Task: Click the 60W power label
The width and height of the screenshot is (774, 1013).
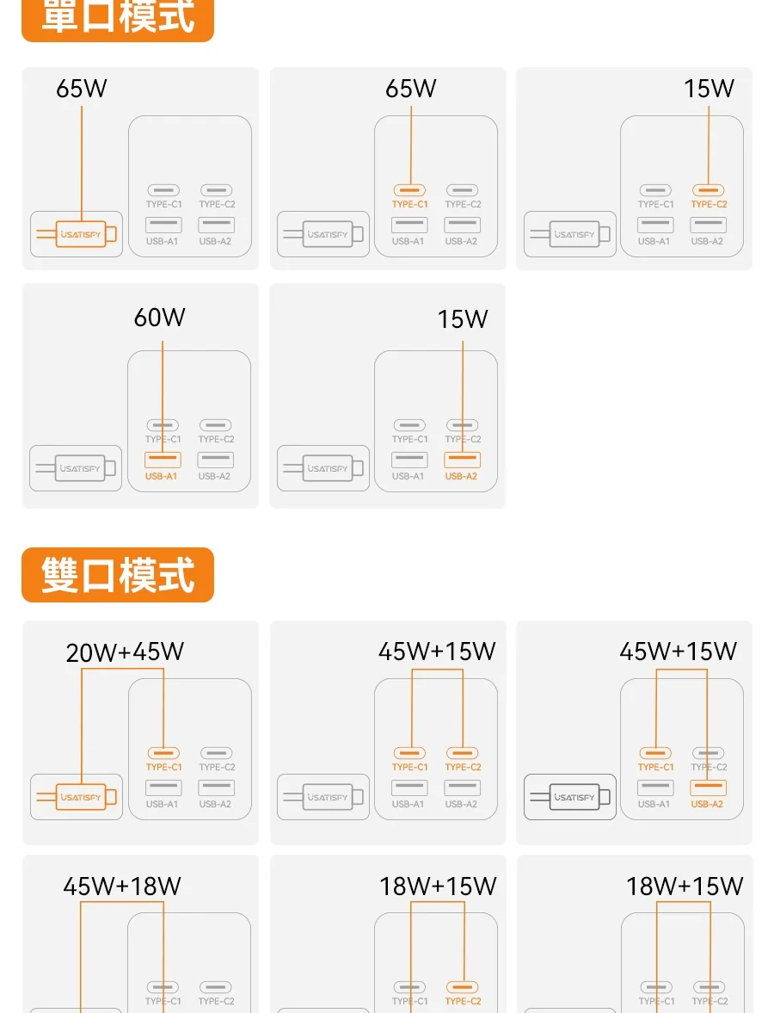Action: tap(159, 318)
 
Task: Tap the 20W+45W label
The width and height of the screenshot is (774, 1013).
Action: tap(125, 652)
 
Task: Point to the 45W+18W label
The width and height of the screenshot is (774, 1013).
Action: tap(122, 886)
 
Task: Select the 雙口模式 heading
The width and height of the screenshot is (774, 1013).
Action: tap(118, 575)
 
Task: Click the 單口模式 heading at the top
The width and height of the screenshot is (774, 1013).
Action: tap(118, 17)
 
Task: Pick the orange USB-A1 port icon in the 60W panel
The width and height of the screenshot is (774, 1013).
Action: tap(163, 459)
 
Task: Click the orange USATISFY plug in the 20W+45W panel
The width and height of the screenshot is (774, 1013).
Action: tap(81, 797)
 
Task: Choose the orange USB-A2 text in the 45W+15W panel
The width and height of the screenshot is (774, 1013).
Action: tap(707, 804)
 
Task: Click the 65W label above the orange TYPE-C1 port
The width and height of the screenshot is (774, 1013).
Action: tap(411, 89)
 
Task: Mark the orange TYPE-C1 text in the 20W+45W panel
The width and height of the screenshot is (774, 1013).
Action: tap(163, 767)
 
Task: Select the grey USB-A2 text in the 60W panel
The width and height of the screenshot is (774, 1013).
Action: tap(215, 476)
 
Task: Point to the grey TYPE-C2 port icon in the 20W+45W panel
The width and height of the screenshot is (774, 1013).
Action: tap(216, 753)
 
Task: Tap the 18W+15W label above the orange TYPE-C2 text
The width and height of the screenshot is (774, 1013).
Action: tap(438, 886)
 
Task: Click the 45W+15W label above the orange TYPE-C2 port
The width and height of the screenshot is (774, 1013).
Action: tap(437, 652)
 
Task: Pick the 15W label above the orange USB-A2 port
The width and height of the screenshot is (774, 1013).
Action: tap(462, 319)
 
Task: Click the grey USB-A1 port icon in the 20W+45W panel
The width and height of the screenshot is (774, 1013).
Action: tap(163, 788)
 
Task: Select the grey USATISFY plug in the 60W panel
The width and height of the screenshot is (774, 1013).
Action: tap(80, 469)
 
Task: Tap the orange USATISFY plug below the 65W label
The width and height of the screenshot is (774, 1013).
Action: tap(81, 234)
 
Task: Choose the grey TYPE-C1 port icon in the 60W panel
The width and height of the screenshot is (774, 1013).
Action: tap(163, 425)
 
